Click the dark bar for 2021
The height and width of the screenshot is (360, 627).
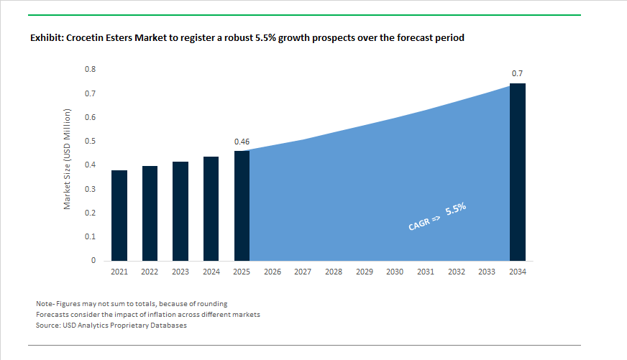[119, 216]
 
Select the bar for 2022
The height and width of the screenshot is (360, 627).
[150, 213]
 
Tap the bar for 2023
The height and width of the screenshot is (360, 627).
[180, 211]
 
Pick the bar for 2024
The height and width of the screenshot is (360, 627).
[211, 208]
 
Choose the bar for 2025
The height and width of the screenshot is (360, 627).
[242, 206]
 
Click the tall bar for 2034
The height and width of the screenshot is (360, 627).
[518, 172]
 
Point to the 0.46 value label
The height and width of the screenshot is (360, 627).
[242, 142]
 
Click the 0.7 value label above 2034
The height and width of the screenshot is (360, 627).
[517, 74]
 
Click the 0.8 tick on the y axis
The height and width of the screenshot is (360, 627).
[90, 70]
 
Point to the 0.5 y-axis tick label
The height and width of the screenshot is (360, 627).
[90, 142]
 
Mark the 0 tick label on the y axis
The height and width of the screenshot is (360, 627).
[93, 261]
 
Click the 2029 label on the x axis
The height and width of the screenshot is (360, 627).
[364, 272]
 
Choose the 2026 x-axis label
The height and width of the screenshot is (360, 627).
[273, 272]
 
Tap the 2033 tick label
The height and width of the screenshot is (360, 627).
[487, 272]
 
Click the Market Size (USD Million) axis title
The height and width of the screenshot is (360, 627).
[68, 160]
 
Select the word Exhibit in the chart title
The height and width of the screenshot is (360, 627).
[46, 37]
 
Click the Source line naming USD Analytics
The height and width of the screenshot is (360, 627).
[111, 326]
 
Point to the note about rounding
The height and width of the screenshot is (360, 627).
[132, 304]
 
